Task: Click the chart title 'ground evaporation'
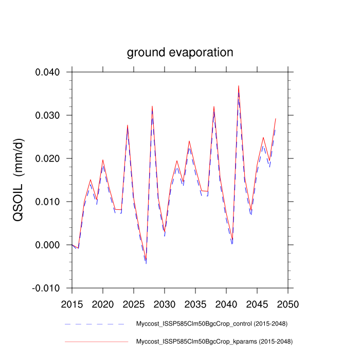[180, 52]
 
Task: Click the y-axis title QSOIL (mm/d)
[19, 181]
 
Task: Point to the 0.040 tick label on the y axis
[49, 72]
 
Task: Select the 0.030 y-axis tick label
[49, 115]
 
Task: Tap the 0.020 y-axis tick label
[49, 158]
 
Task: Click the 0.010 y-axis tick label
[49, 202]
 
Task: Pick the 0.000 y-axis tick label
[49, 245]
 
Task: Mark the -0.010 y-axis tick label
[48, 288]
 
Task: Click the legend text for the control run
[211, 324]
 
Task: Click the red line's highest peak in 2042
[239, 86]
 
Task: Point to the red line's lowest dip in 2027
[146, 259]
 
